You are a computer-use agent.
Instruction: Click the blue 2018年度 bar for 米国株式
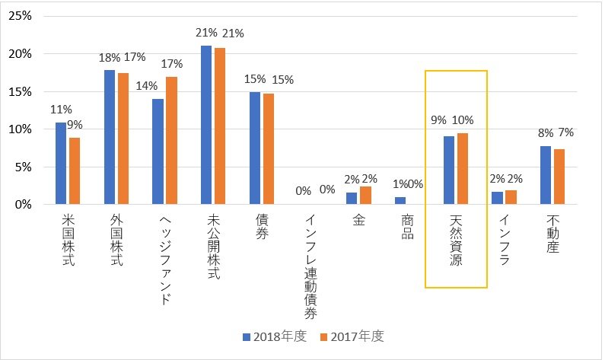(x=60, y=163)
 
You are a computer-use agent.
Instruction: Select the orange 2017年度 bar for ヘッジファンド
(x=171, y=140)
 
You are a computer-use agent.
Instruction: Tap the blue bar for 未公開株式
(x=206, y=125)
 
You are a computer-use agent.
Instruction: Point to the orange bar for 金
(x=366, y=195)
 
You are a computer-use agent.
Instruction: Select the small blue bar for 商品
(x=401, y=200)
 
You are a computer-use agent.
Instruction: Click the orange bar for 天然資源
(x=463, y=168)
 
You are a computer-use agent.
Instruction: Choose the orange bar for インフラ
(x=511, y=196)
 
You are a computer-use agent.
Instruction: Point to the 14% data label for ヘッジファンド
(x=146, y=86)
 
